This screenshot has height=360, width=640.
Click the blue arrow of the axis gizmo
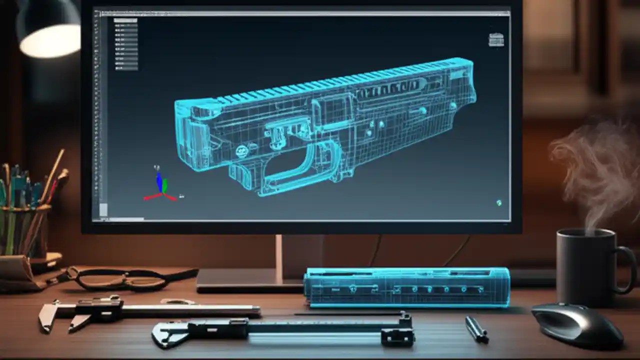(159, 182)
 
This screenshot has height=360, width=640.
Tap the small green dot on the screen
(498, 202)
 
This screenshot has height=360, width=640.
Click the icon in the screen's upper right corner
(495, 39)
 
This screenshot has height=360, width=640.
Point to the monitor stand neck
(278, 252)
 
